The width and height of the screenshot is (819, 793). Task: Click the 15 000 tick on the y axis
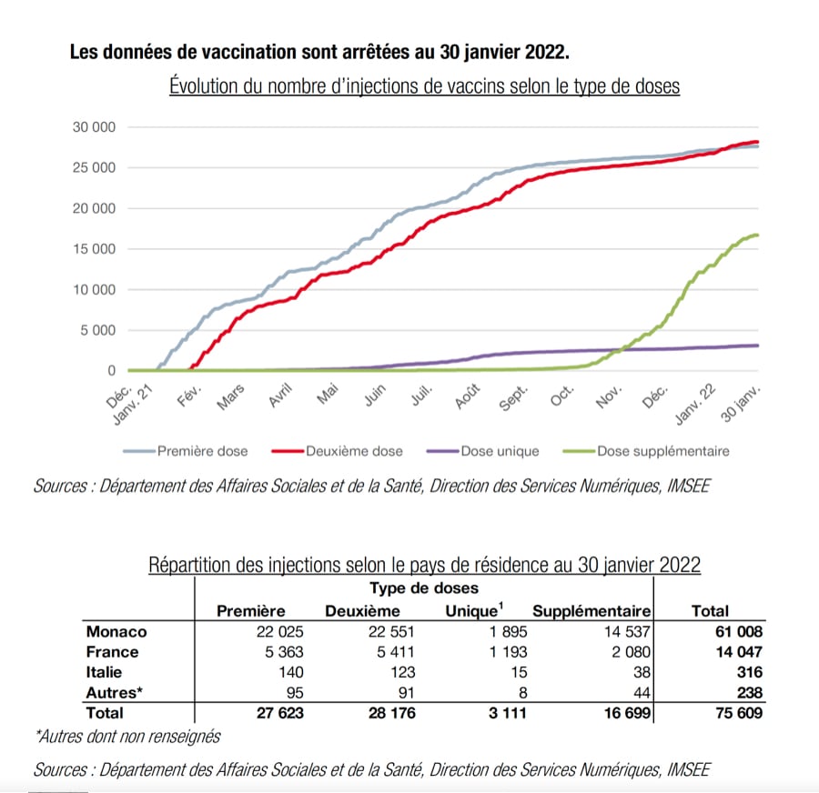coord(95,249)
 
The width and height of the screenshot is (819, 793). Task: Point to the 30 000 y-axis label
coord(95,127)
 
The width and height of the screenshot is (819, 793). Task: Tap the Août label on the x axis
coord(467,398)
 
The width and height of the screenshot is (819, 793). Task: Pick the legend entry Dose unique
coord(500,451)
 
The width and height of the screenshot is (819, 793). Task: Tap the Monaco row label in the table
coord(116,631)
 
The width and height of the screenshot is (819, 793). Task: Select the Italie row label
coord(108,672)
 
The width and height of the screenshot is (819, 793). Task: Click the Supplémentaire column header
coord(591,611)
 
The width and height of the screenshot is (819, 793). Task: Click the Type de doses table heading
coord(424,589)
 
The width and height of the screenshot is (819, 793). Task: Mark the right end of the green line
coord(758,236)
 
